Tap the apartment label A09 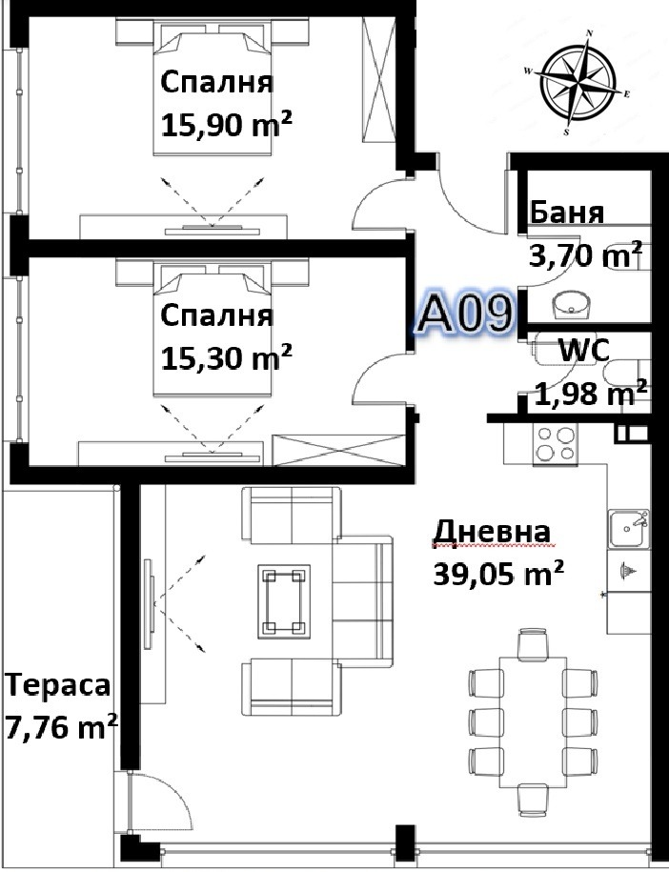point(465,314)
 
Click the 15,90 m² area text point(227,124)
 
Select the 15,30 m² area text point(227,356)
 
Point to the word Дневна point(492,532)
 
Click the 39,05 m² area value point(498,574)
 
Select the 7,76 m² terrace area point(61,726)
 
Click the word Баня point(567,212)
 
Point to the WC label point(584,351)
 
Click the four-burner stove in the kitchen point(555,444)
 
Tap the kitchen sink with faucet point(628,528)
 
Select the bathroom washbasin point(571,305)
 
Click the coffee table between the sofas point(284,601)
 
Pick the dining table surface point(533,721)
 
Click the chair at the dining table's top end point(533,644)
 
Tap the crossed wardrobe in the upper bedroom point(378,79)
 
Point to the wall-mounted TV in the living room point(150,604)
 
